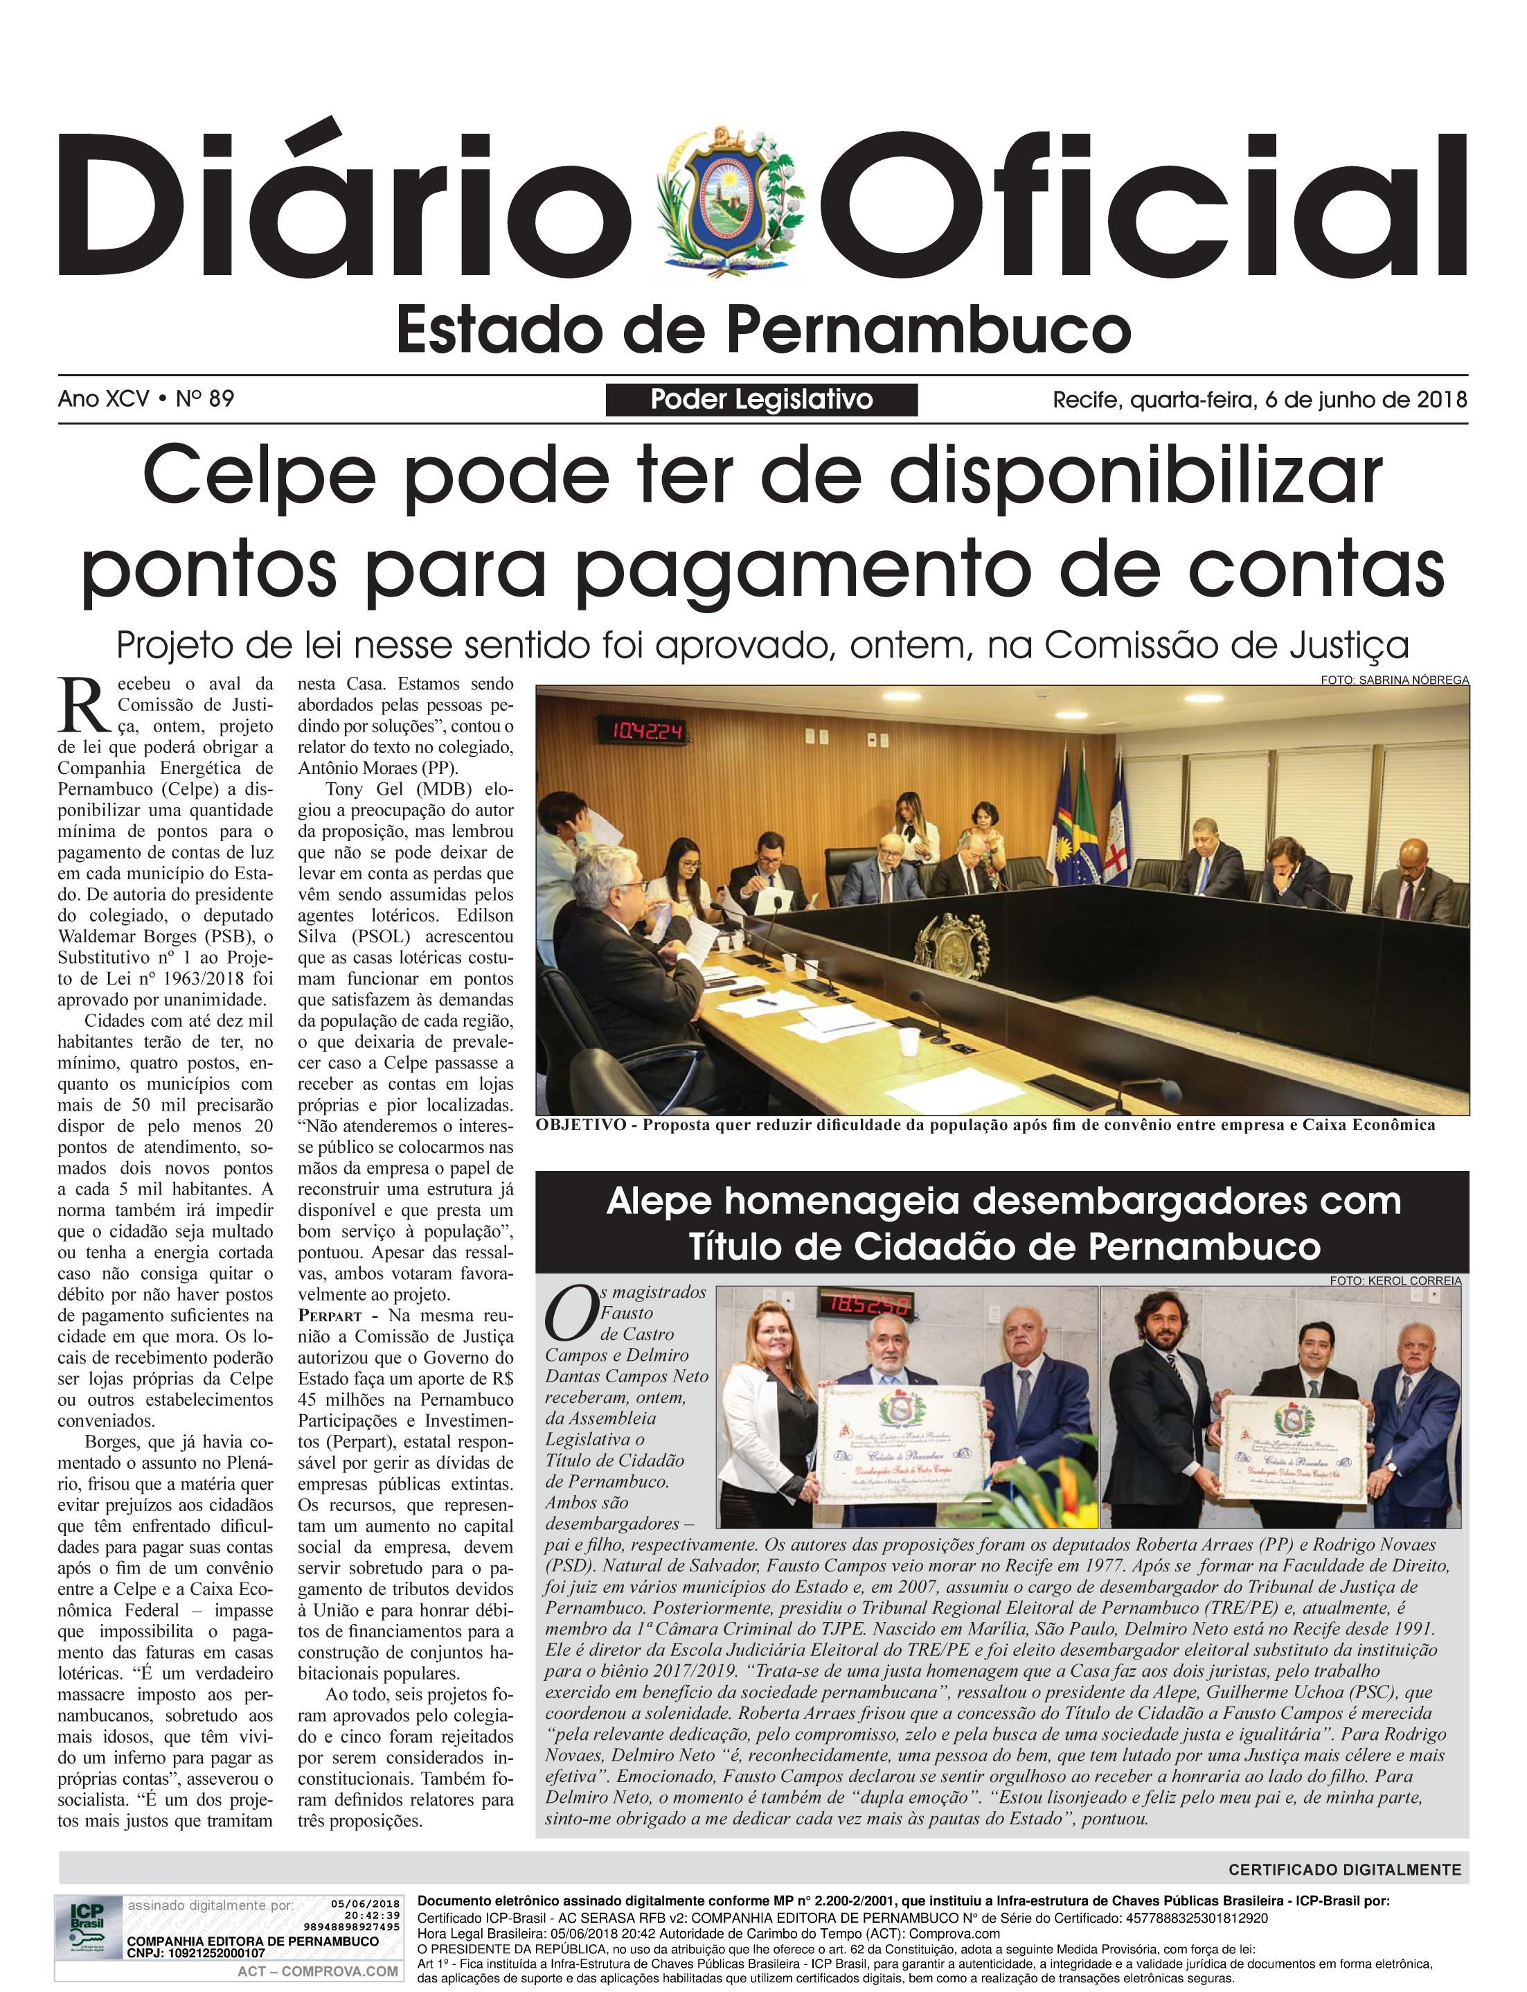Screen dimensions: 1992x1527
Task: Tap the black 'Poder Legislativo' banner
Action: pyautogui.click(x=761, y=399)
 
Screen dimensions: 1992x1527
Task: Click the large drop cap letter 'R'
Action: pyautogui.click(x=84, y=705)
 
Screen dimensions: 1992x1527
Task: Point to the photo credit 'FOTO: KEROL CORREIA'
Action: pyautogui.click(x=1395, y=1280)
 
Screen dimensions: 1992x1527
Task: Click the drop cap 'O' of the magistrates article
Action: pyautogui.click(x=571, y=1314)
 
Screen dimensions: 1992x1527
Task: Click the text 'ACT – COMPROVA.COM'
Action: pyautogui.click(x=317, y=1971)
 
